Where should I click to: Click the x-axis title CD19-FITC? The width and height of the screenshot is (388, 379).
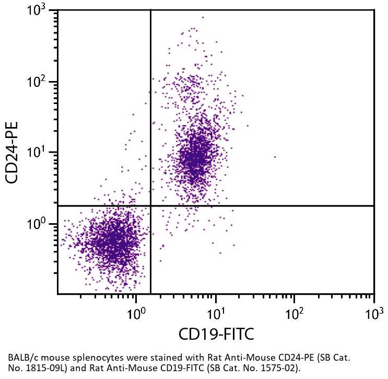tap(216, 333)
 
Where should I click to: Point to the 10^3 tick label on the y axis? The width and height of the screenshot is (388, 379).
tap(37, 10)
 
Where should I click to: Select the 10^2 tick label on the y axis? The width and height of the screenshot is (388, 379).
tap(37, 82)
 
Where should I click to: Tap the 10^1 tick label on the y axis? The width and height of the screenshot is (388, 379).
tap(37, 153)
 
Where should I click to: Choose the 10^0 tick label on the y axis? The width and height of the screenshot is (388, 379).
tap(37, 224)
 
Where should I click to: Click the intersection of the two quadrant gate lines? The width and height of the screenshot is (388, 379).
tap(150, 206)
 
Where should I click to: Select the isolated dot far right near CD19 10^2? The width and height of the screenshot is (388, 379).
tap(275, 156)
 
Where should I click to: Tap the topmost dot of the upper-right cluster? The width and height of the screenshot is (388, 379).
tap(203, 17)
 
